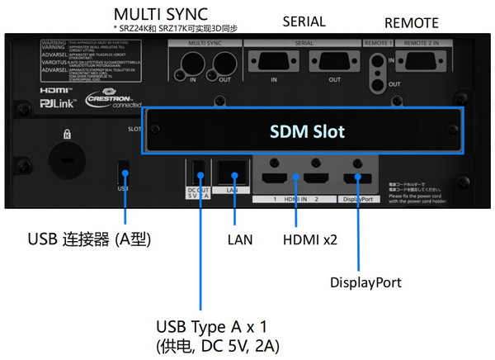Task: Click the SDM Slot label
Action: click(x=308, y=131)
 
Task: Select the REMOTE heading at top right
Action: click(x=412, y=22)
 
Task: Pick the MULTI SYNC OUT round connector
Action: click(x=222, y=62)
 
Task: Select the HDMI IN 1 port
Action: click(x=279, y=178)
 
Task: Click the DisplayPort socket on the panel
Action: click(x=358, y=178)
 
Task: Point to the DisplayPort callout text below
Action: click(x=365, y=282)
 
